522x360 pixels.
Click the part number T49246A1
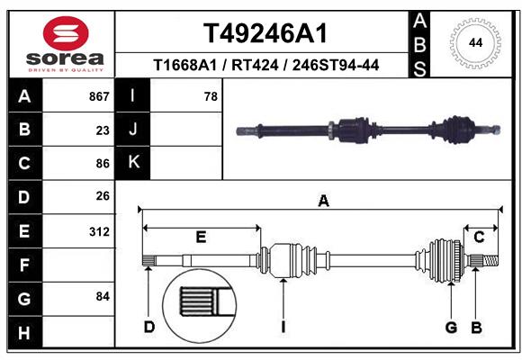[265, 33]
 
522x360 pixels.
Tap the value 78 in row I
[211, 95]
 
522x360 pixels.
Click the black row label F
[23, 265]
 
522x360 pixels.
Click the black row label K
[133, 163]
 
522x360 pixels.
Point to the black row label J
[133, 130]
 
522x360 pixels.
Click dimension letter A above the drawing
[323, 202]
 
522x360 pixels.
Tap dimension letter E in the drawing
[201, 238]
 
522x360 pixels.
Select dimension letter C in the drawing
[479, 238]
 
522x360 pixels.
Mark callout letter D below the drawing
[148, 327]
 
